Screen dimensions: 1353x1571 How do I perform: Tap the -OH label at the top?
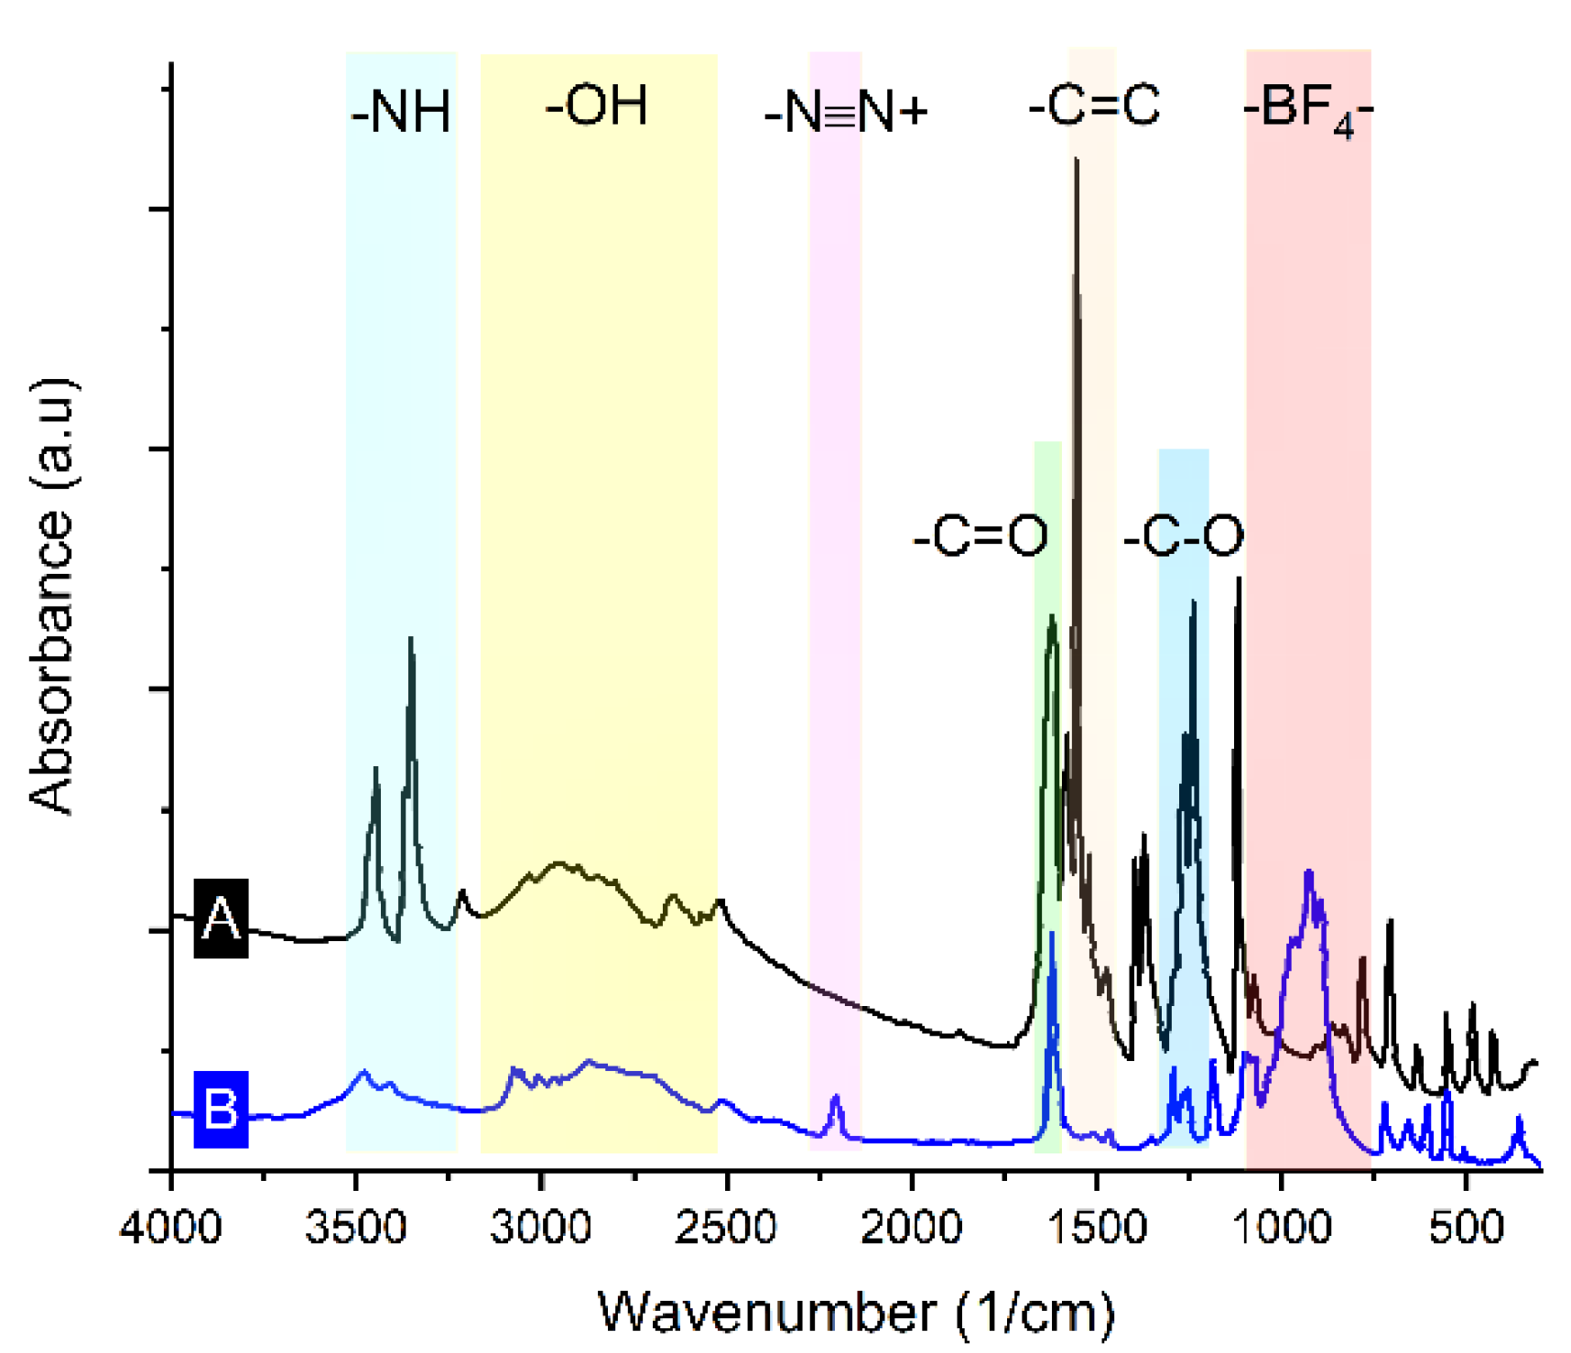597,106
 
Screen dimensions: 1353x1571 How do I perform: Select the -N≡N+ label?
846,113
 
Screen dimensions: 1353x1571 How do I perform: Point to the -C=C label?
1094,106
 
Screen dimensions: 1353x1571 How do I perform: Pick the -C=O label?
981,536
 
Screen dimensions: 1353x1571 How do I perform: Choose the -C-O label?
1184,536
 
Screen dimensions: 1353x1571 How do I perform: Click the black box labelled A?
221,918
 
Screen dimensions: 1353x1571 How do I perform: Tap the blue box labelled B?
221,1109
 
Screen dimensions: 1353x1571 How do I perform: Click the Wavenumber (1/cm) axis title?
857,1313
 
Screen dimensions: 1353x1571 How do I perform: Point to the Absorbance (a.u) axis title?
52,595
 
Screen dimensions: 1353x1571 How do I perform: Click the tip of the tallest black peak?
1077,159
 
